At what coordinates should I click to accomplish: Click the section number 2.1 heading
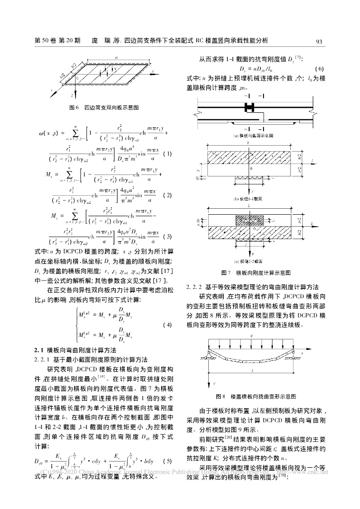[x=38, y=350]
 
